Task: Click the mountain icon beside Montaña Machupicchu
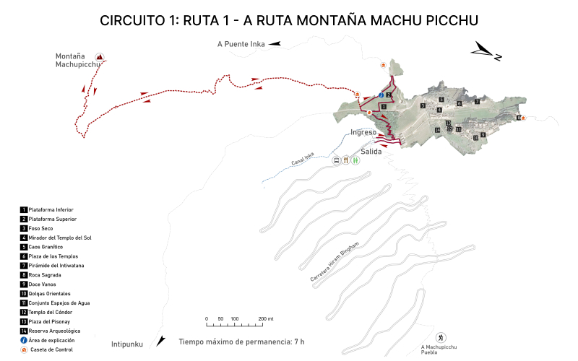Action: pyautogui.click(x=100, y=57)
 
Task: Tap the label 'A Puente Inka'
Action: pyautogui.click(x=242, y=44)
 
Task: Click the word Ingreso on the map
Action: pyautogui.click(x=363, y=133)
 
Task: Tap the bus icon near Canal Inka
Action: pyautogui.click(x=337, y=160)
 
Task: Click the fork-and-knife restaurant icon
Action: pyautogui.click(x=347, y=160)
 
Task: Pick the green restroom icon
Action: pyautogui.click(x=356, y=160)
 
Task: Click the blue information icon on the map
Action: pyautogui.click(x=381, y=95)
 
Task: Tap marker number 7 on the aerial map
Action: pyautogui.click(x=477, y=101)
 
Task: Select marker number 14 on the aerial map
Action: pyautogui.click(x=438, y=130)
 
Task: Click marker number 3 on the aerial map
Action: pyautogui.click(x=423, y=105)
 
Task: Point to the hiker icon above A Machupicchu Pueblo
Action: pyautogui.click(x=440, y=338)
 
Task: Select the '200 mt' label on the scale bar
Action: pyautogui.click(x=266, y=318)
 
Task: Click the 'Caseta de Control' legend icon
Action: pyautogui.click(x=24, y=349)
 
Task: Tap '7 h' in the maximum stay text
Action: pyautogui.click(x=298, y=342)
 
